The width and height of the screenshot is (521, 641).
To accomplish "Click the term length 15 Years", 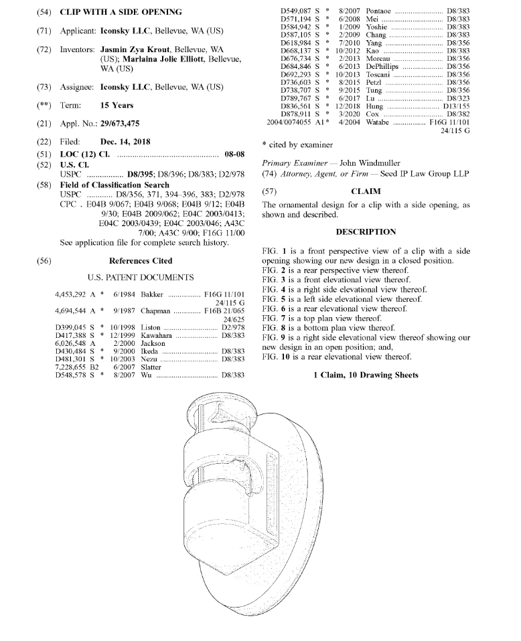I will pos(117,106).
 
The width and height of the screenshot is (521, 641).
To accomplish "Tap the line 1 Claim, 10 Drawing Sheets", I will pos(366,375).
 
